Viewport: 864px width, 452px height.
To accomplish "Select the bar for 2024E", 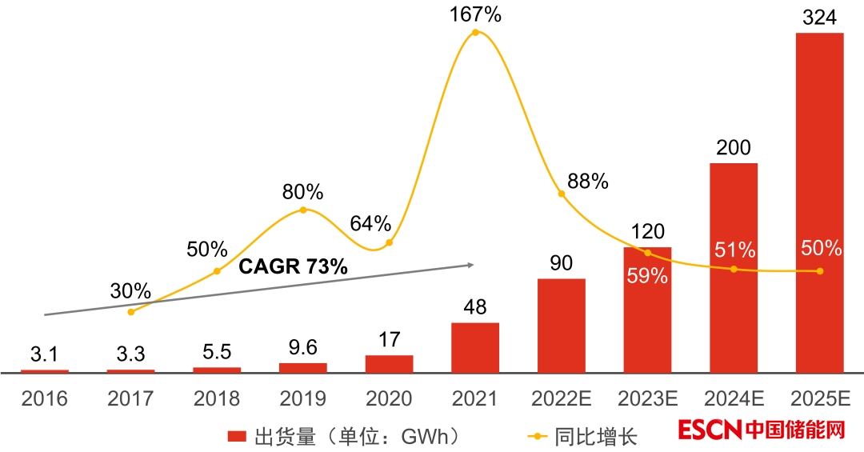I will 734,268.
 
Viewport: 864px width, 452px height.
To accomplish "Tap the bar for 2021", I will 475,347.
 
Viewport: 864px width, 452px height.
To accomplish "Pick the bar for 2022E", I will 562,326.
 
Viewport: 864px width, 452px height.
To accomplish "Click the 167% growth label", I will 475,14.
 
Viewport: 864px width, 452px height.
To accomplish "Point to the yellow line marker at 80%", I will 303,210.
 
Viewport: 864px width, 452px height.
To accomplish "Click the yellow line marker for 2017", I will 131,311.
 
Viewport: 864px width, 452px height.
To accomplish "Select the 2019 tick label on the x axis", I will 302,398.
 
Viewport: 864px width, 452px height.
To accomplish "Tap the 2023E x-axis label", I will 648,398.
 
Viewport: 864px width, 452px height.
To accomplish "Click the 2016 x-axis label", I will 45,398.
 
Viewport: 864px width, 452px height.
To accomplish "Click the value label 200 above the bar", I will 734,148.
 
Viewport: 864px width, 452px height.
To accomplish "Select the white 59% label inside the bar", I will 647,276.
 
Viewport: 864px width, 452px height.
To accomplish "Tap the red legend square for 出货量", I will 236,436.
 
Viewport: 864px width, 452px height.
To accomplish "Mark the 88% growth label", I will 587,182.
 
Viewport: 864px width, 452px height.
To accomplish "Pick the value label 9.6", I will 302,348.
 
